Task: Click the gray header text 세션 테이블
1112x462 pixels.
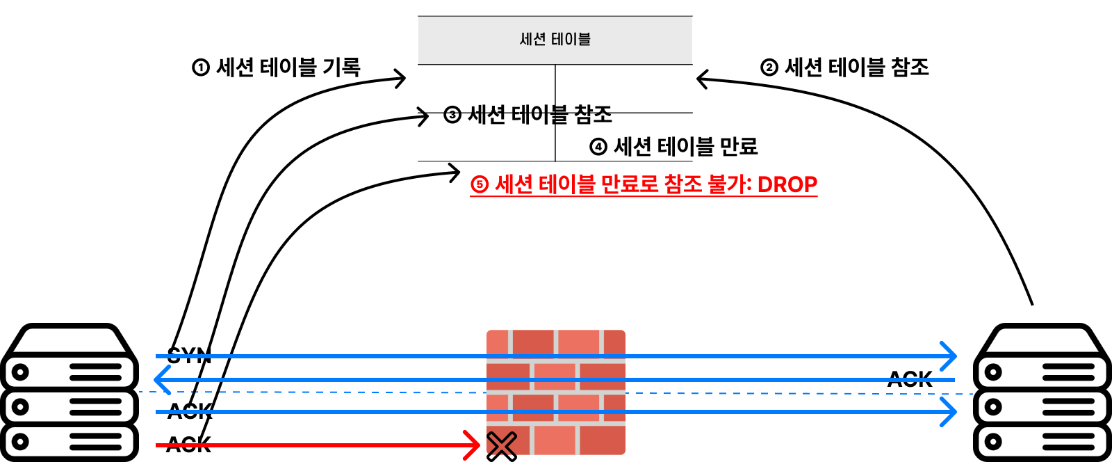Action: [555, 40]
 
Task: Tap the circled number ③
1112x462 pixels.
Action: [452, 115]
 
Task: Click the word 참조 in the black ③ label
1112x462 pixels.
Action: [593, 115]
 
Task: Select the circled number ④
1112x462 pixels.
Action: [598, 147]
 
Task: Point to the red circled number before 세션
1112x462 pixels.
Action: [480, 184]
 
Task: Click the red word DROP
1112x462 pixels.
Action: [787, 184]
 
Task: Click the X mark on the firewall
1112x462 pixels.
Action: [502, 444]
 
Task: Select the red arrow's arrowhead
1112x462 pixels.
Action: [474, 445]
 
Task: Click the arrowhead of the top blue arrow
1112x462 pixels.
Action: [949, 356]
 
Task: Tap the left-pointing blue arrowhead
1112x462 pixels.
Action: [161, 380]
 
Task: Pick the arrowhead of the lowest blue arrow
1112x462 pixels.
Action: [949, 412]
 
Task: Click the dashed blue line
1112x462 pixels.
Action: [764, 394]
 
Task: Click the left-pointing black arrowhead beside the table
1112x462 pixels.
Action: [703, 79]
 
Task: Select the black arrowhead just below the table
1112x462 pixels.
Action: [453, 171]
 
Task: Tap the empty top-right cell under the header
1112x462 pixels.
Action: [623, 88]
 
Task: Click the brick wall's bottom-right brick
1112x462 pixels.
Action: [602, 440]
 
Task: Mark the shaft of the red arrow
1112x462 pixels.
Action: [313, 445]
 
